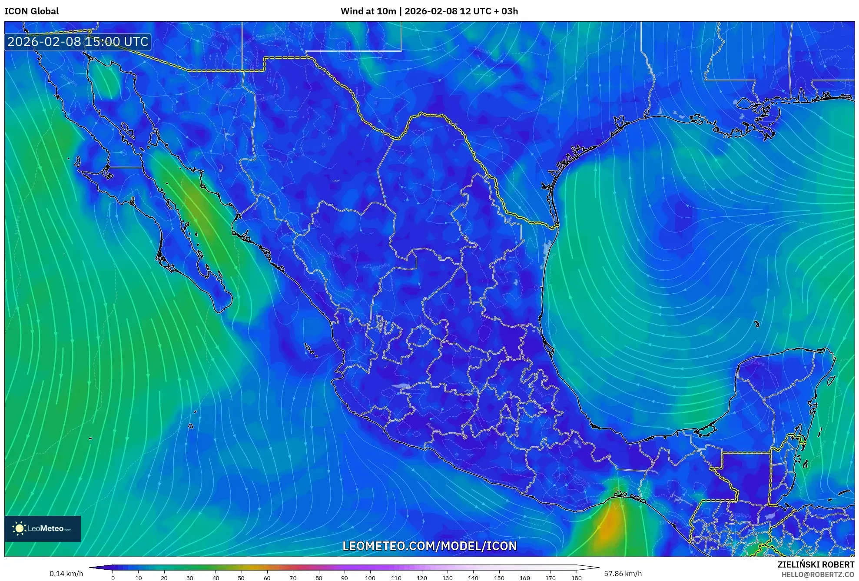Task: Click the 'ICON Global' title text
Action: tap(31, 11)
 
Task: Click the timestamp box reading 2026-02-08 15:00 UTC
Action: tap(78, 42)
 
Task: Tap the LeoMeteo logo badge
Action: tap(43, 528)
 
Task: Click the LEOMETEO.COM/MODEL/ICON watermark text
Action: tap(429, 546)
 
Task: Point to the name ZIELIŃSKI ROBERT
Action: tap(816, 564)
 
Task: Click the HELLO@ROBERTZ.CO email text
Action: tap(818, 574)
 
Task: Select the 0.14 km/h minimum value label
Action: tap(66, 574)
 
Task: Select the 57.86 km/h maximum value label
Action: tap(623, 574)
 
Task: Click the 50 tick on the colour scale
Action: tap(241, 578)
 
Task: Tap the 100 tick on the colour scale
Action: tap(370, 578)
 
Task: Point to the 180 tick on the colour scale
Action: tap(576, 578)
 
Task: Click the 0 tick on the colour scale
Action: tap(113, 578)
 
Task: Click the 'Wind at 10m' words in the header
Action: tap(368, 11)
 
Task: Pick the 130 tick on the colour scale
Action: tap(447, 578)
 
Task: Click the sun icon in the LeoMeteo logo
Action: tap(19, 528)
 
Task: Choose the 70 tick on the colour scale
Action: tap(293, 578)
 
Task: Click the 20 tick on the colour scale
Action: tap(164, 578)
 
